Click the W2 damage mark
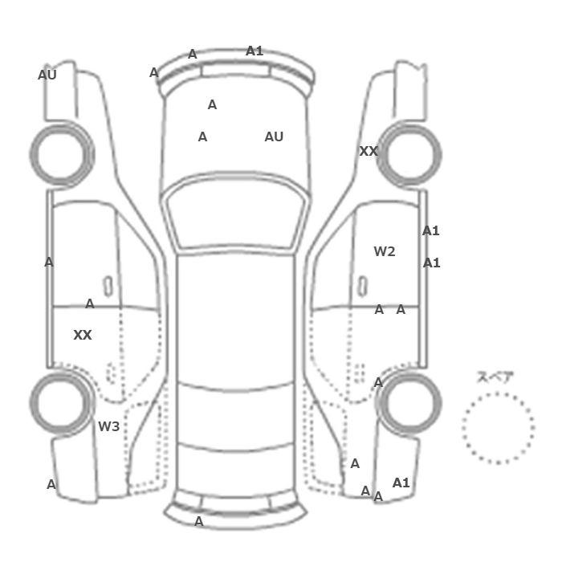pyautogui.click(x=385, y=251)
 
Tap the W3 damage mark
pyautogui.click(x=108, y=426)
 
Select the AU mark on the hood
pyautogui.click(x=274, y=136)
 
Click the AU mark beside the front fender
pyautogui.click(x=47, y=75)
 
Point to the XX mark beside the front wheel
pyautogui.click(x=369, y=151)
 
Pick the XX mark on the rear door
pyautogui.click(x=83, y=335)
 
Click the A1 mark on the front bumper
pyautogui.click(x=255, y=51)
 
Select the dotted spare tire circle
pyautogui.click(x=499, y=393)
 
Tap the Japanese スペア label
pyautogui.click(x=495, y=377)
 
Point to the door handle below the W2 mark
pyautogui.click(x=363, y=287)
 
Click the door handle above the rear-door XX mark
pyautogui.click(x=108, y=287)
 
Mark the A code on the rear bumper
pyautogui.click(x=199, y=522)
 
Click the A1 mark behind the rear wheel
pyautogui.click(x=401, y=483)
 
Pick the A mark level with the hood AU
pyautogui.click(x=202, y=136)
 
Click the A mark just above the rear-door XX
pyautogui.click(x=90, y=304)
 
